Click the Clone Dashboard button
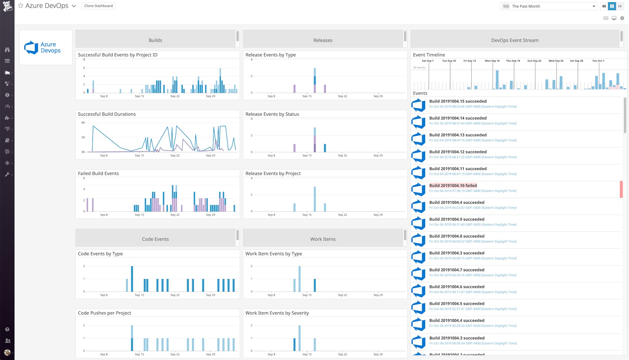coord(98,6)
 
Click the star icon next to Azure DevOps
coord(21,6)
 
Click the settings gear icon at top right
coord(622,18)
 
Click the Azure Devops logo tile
coord(46,48)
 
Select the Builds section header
coord(155,40)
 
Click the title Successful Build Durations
coord(107,114)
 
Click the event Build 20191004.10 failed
coord(453,186)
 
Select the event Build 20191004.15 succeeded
coord(458,101)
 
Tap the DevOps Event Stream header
coord(515,40)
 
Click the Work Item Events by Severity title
coord(277,313)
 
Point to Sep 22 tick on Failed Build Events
coord(175,215)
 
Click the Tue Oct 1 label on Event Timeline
coord(598,61)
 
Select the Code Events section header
coord(155,239)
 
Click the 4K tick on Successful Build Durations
coord(83,122)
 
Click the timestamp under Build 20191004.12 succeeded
coord(473,157)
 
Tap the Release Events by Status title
coord(272,114)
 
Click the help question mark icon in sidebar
coord(7,329)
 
